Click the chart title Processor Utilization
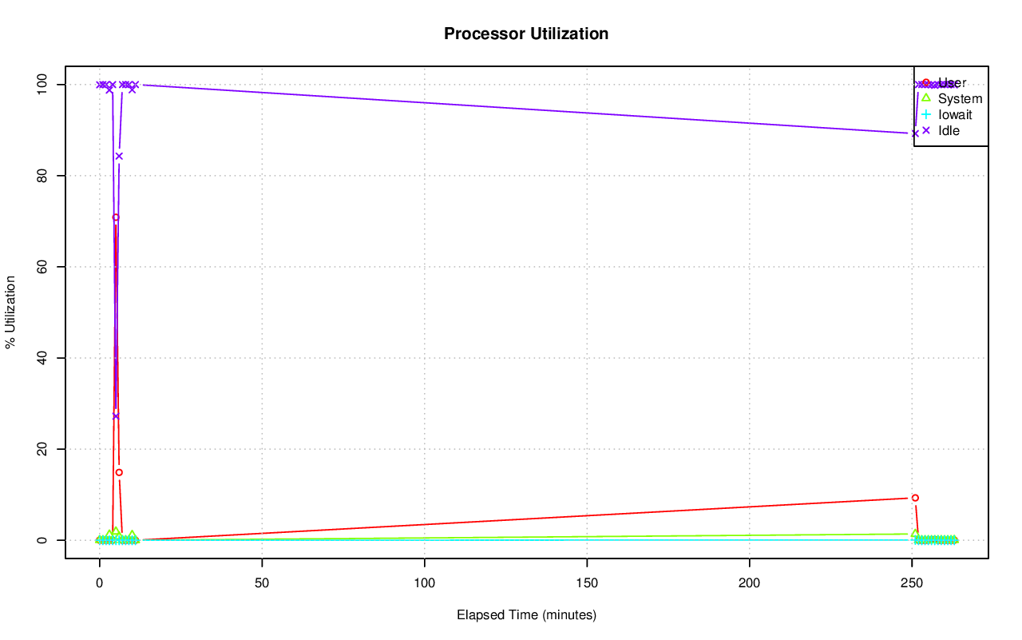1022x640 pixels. [x=526, y=34]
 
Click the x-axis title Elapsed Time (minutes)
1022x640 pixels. [x=526, y=615]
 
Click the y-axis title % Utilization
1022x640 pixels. [x=10, y=312]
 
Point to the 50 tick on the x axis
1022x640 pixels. [x=262, y=582]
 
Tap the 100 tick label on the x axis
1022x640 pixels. [x=425, y=582]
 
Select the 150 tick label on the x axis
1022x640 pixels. [x=587, y=582]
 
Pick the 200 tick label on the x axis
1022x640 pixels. [x=750, y=582]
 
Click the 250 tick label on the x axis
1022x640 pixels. [x=912, y=582]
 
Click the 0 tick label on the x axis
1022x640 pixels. [x=100, y=582]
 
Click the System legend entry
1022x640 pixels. [x=960, y=99]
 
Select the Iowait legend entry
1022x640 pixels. [x=955, y=114]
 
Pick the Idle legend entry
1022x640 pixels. [x=949, y=130]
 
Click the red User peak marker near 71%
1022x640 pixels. [x=116, y=217]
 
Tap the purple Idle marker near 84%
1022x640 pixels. [x=119, y=156]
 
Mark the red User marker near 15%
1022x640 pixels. [x=119, y=472]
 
